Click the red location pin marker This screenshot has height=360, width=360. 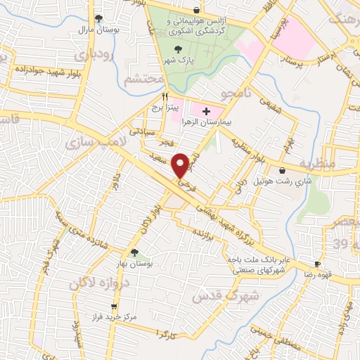pos(181,165)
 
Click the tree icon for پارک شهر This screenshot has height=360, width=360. pos(177,46)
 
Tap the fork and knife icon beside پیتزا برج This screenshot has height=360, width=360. pos(165,96)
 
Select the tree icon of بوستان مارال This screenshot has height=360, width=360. pos(99,18)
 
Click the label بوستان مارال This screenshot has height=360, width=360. pos(97,30)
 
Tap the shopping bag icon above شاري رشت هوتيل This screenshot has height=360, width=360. pos(283,170)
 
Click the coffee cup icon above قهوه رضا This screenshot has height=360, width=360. pos(317,264)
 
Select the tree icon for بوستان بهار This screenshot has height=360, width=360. pos(134,252)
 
